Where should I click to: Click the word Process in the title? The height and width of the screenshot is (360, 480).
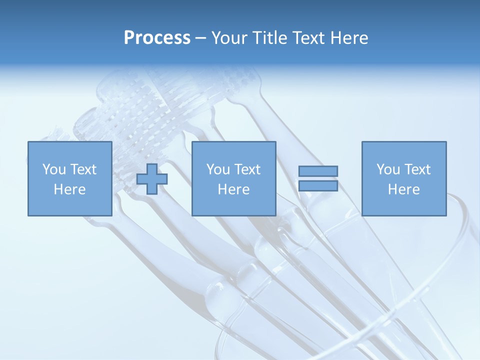[157, 38]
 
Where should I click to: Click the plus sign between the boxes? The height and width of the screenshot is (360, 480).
[152, 178]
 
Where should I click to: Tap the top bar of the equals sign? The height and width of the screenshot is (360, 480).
[318, 171]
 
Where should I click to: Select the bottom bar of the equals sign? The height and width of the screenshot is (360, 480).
[318, 186]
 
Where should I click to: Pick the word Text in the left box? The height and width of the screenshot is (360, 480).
[82, 169]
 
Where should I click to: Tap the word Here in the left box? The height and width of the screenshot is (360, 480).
[69, 189]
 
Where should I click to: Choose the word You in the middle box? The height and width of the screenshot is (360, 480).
[217, 169]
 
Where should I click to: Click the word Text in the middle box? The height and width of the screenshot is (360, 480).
[246, 169]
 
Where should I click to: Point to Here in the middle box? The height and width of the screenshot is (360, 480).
[233, 189]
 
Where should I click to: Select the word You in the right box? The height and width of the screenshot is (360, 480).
[387, 169]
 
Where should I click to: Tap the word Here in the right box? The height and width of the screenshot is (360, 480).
[403, 189]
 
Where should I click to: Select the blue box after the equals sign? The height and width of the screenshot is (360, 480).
[404, 205]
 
